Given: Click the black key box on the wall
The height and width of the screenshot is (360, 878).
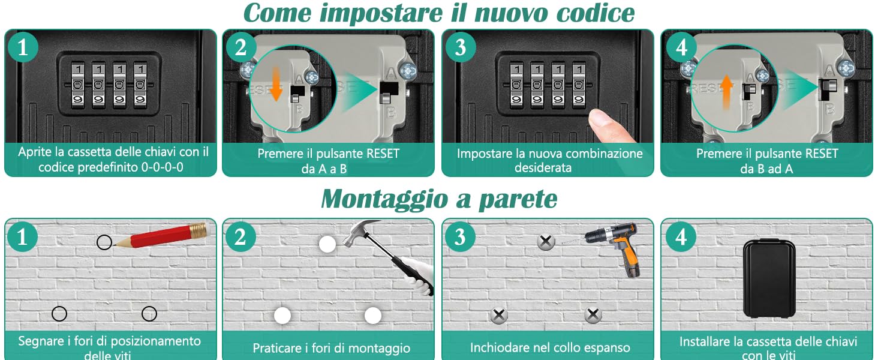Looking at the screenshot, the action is (769, 278).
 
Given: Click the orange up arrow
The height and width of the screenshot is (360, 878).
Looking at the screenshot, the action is (726, 92).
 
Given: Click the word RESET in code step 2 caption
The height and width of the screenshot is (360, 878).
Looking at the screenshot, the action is (380, 154).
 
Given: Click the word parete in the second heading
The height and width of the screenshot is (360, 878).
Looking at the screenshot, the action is (518, 199).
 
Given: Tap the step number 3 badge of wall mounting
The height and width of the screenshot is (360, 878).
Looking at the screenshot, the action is (460, 237).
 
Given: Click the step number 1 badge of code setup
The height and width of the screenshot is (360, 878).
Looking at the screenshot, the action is (23, 47).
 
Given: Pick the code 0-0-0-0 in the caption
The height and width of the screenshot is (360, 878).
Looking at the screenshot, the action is (162, 167).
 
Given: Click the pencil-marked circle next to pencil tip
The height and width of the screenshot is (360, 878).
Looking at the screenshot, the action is (104, 242).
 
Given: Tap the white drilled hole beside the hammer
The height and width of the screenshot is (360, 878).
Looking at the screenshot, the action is (327, 244).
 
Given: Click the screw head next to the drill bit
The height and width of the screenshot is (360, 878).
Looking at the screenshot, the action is (546, 242).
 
